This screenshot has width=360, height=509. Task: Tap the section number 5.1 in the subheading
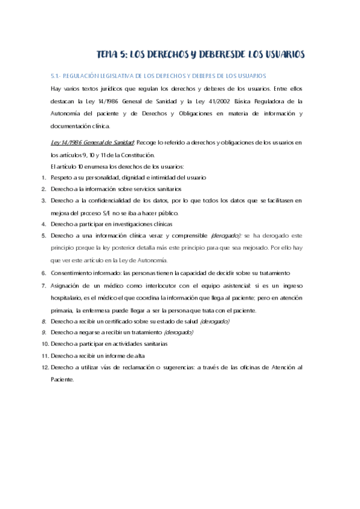coord(56,76)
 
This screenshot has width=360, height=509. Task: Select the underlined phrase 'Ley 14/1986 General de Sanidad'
coord(92,142)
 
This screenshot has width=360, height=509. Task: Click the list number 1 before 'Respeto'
coord(44,178)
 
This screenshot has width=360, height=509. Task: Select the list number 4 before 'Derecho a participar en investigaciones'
coord(44,224)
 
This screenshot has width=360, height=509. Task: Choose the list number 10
coord(44,344)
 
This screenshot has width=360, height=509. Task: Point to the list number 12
coord(44,367)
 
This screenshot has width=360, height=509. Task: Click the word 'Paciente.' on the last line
coord(62,379)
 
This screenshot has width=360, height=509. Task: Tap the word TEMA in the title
coord(111,55)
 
